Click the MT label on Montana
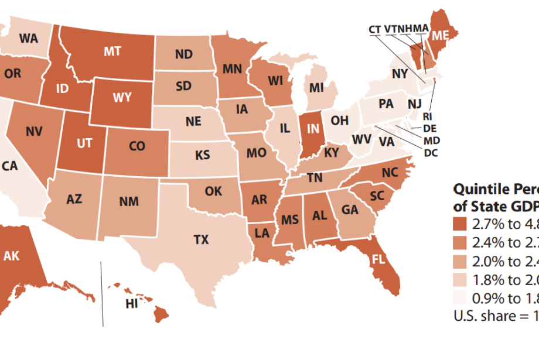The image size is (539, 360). (x=112, y=52)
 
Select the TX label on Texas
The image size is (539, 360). (x=201, y=239)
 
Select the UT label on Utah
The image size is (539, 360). (x=84, y=143)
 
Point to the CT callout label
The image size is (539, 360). (x=376, y=29)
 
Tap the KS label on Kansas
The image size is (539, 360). (x=203, y=156)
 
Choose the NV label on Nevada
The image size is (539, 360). (x=34, y=132)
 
